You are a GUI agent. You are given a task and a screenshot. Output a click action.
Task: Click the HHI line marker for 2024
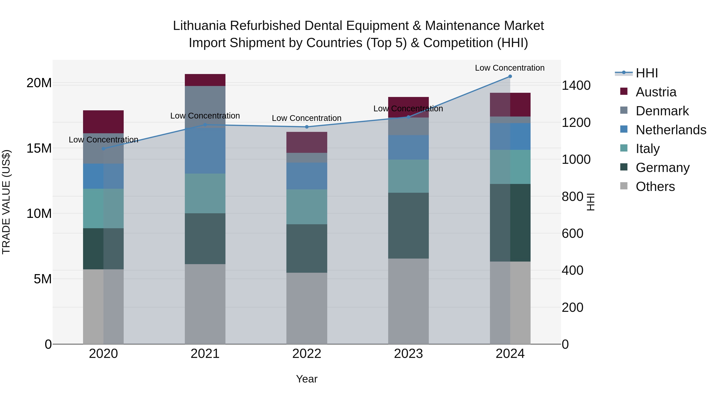[x=510, y=76]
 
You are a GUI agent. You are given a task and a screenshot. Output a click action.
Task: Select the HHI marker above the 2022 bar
[x=307, y=127]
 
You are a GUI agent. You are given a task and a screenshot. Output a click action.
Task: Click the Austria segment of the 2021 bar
[x=205, y=80]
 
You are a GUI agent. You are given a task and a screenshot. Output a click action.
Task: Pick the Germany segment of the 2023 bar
[x=408, y=226]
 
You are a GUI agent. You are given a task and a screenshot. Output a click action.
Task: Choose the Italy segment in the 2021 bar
[x=205, y=194]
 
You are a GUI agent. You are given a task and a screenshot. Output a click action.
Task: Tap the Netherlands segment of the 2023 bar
[x=408, y=147]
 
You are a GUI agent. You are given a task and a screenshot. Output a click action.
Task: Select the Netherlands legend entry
[x=671, y=130]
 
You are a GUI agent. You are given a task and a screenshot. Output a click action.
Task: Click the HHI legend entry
[x=646, y=73]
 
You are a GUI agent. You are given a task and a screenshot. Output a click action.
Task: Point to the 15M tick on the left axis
[x=39, y=148]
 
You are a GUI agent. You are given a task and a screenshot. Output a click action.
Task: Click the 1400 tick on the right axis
[x=576, y=85]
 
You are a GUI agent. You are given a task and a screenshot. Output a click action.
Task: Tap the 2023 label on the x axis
[x=408, y=354]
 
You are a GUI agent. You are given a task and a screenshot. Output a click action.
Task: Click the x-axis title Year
[x=307, y=379]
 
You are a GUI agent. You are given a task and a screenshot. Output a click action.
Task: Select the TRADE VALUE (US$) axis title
[x=6, y=202]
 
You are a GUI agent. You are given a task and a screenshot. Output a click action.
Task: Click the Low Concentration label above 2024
[x=510, y=68]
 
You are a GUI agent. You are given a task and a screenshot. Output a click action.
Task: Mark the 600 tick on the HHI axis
[x=572, y=233]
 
